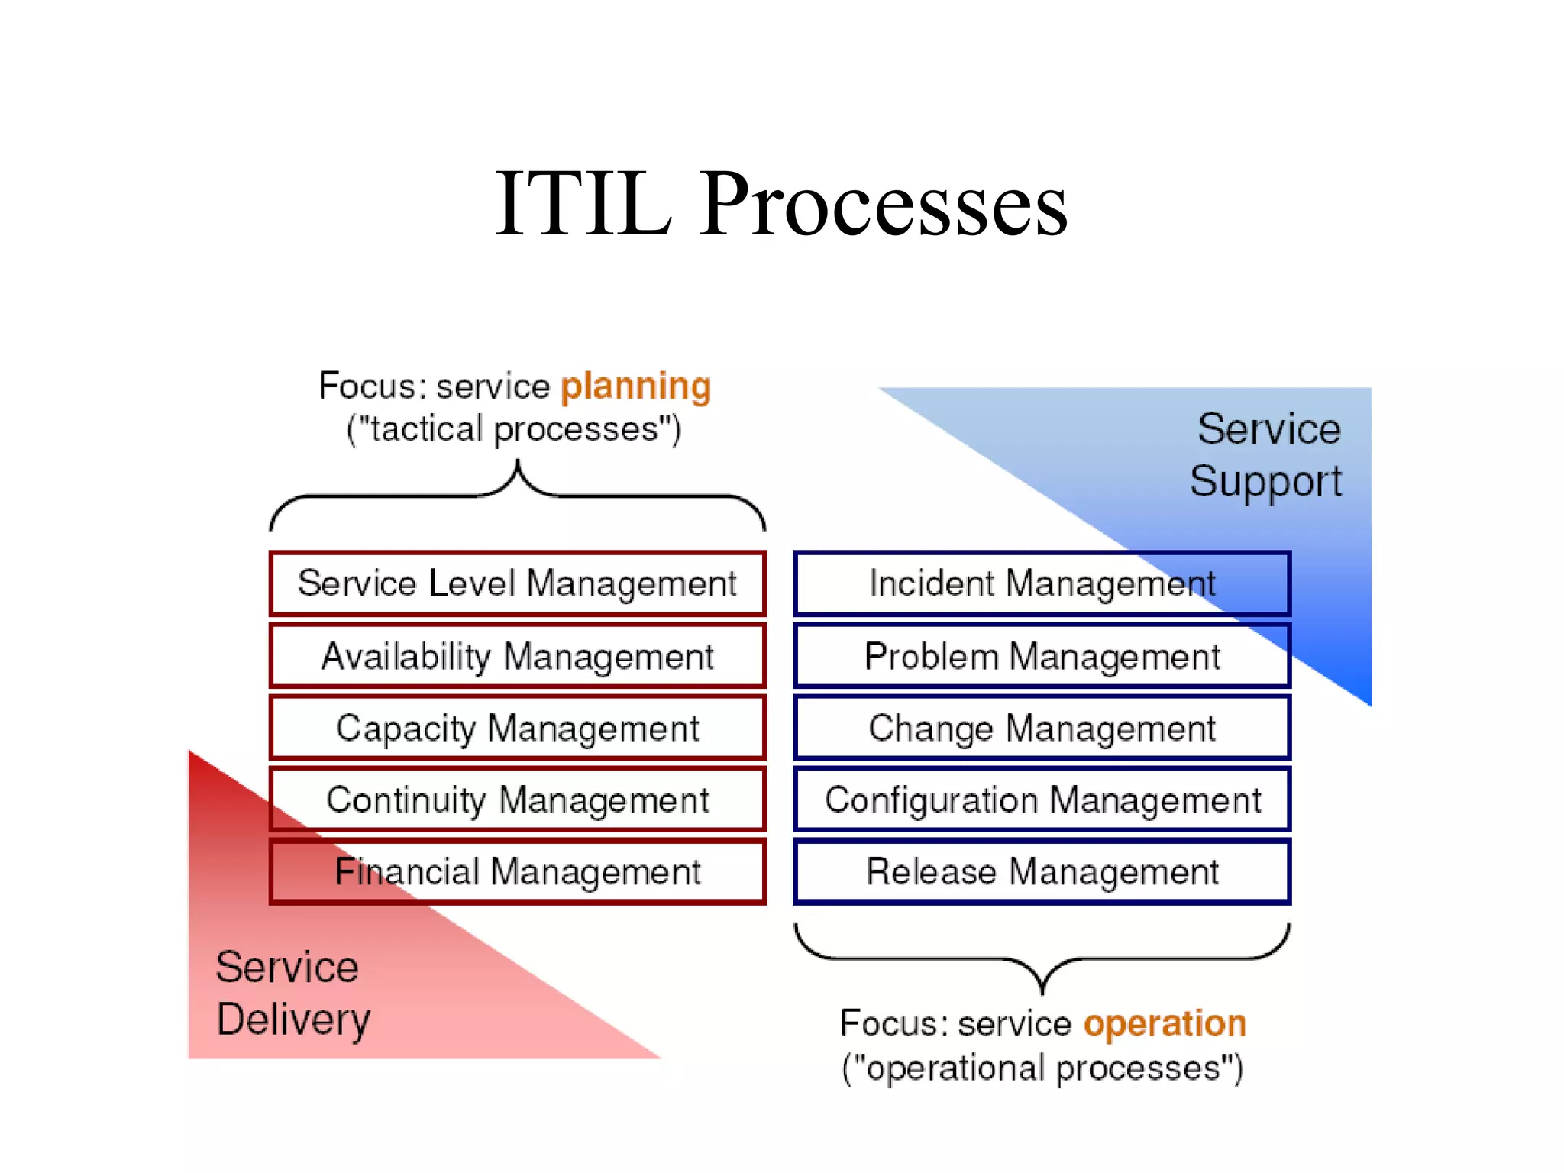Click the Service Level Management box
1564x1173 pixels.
point(517,583)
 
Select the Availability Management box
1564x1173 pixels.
point(517,656)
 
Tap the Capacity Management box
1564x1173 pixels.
point(517,728)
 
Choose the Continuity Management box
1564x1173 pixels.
point(517,800)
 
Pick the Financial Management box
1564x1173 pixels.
point(517,871)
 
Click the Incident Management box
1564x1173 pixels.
point(1042,583)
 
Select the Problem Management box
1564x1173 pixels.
point(1042,656)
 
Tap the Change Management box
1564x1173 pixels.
point(1042,728)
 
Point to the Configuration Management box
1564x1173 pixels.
point(1042,800)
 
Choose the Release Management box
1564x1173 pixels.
point(1042,871)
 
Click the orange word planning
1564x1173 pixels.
point(635,386)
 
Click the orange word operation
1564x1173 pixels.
point(1165,1024)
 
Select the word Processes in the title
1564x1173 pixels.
point(884,205)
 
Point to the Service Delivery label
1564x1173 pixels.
point(292,993)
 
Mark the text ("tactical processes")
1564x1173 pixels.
point(513,429)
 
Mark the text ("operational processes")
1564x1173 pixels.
point(1042,1068)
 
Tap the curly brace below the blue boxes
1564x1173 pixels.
point(1042,959)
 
